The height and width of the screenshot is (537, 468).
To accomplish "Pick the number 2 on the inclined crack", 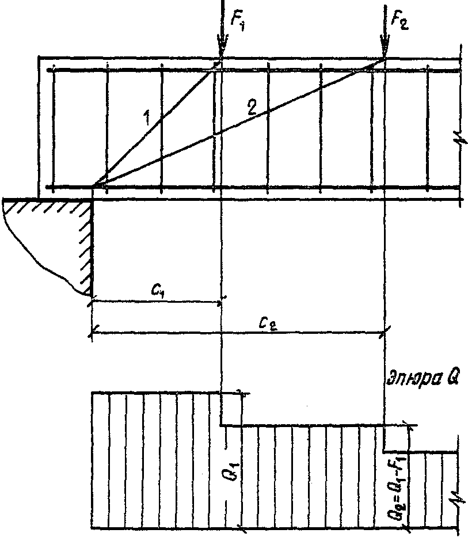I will click(251, 108).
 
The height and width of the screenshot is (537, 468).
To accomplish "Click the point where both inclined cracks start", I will click(94, 186).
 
